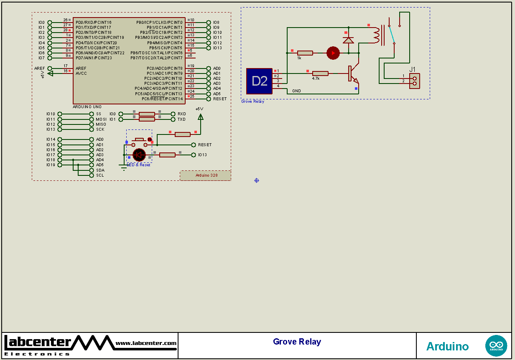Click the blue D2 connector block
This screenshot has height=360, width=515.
coord(259,81)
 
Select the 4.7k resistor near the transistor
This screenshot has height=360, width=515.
coord(320,74)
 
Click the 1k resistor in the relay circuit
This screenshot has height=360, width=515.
coord(305,53)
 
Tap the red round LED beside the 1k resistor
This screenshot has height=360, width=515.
coord(333,53)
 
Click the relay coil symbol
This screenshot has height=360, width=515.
coord(377,35)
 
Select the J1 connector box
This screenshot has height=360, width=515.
coord(414,81)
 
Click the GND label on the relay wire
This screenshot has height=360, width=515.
coord(296,91)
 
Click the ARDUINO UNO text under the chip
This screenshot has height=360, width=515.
coord(87,107)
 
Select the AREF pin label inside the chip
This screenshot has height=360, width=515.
coord(81,68)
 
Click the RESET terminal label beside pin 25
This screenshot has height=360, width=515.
coord(220,99)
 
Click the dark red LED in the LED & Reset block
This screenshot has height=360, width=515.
coord(139,155)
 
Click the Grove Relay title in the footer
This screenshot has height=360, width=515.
coord(297,342)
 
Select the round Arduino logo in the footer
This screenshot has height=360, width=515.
coord(496,346)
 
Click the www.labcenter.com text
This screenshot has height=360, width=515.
coord(146,343)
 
